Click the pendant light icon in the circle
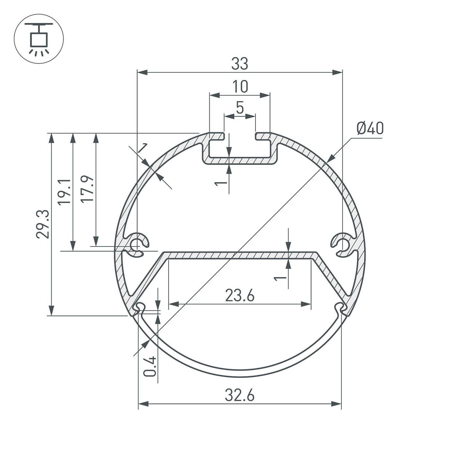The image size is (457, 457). [39, 38]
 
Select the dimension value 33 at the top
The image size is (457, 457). [240, 64]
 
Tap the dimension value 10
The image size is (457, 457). [240, 87]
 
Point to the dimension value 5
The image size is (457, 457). [240, 108]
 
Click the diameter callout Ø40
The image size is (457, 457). [370, 129]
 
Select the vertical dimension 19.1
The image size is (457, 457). [64, 192]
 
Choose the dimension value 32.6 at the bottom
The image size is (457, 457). [239, 396]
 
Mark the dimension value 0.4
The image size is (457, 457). [150, 366]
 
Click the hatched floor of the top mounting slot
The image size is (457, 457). [240, 161]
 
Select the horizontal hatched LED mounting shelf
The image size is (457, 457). [240, 255]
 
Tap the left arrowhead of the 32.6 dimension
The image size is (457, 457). [144, 404]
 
